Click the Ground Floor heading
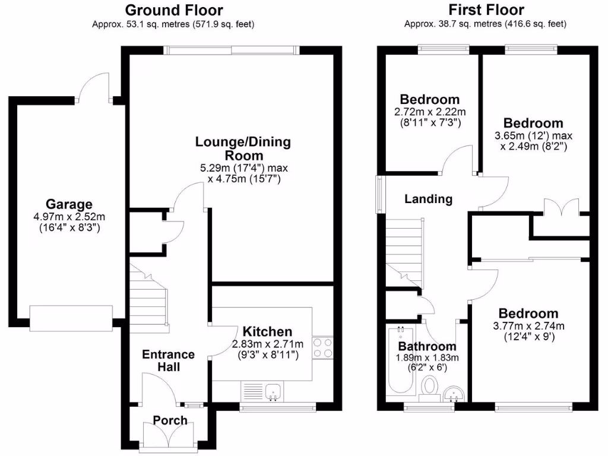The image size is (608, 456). click(173, 10)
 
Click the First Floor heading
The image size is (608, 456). click(486, 10)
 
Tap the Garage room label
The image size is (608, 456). click(70, 204)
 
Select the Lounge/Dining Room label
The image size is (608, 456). click(243, 148)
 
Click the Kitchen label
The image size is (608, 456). click(267, 332)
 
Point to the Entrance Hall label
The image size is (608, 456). click(168, 360)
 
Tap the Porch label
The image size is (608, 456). click(170, 420)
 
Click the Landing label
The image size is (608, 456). click(428, 199)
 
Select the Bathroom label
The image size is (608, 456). click(427, 346)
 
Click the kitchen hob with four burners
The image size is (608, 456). click(322, 347)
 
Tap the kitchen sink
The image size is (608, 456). click(274, 392)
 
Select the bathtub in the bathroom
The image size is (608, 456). click(396, 362)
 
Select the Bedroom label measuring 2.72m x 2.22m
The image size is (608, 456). click(429, 99)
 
